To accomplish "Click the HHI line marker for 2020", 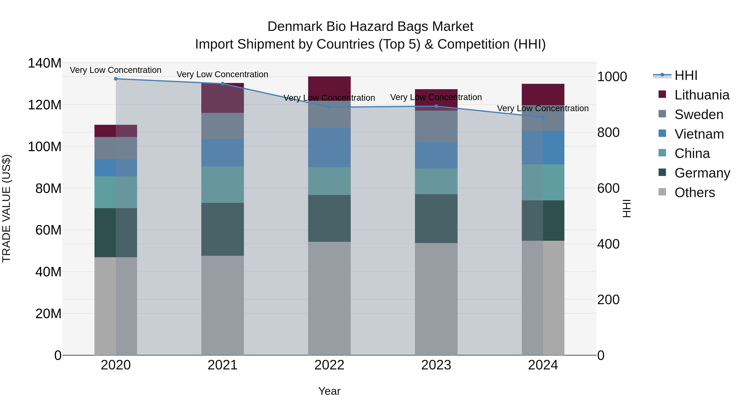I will (116, 79).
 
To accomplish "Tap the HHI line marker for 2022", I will (329, 107).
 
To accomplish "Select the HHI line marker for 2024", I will (543, 117).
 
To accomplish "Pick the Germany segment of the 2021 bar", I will (222, 229).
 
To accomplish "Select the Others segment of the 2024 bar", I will (543, 298).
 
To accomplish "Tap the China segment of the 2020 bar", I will (116, 192).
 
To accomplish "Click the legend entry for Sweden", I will (698, 114).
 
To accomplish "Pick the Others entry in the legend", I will (694, 193).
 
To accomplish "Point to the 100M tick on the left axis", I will (45, 147).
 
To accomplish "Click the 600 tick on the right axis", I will (608, 188).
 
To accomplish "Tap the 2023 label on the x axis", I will (436, 365).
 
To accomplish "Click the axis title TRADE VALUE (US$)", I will (6, 208).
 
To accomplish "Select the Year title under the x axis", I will (329, 391).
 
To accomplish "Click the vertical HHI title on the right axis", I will (626, 208).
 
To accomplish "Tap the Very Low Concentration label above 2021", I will (222, 74).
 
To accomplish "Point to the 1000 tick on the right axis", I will (612, 77).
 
